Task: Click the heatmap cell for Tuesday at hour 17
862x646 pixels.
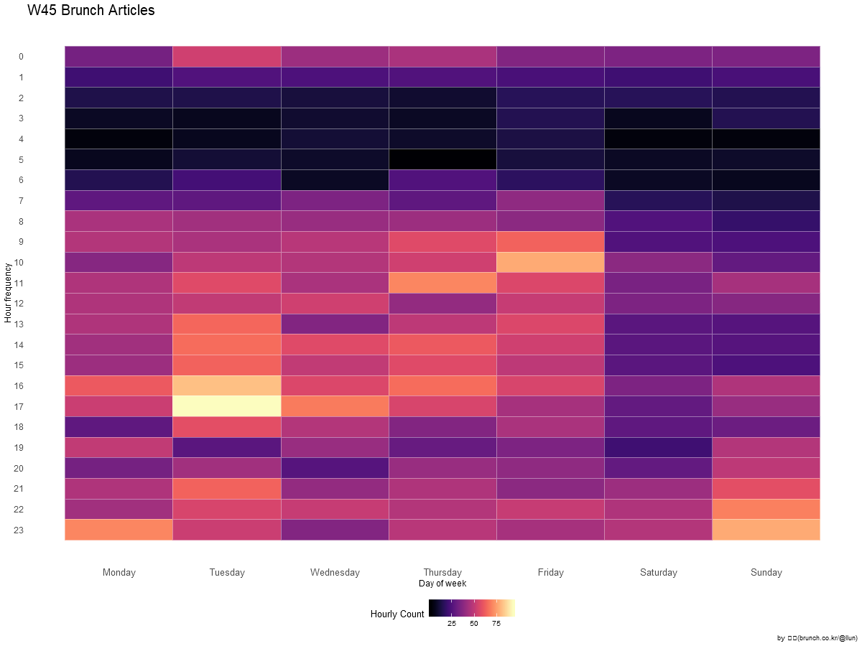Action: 227,406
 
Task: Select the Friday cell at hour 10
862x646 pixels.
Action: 550,262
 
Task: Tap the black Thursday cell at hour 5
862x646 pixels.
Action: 442,159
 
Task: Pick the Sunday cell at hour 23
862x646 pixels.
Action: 766,530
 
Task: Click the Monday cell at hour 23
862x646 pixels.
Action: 119,530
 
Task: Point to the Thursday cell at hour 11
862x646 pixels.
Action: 442,283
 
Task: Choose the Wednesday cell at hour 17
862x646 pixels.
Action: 335,406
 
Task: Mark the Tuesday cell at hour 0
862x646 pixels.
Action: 227,57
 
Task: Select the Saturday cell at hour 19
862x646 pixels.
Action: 658,447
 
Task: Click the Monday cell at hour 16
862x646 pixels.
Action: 119,385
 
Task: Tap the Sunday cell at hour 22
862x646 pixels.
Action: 766,509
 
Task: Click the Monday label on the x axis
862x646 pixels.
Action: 119,572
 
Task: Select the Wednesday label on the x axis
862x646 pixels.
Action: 335,572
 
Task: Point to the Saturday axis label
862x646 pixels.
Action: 658,572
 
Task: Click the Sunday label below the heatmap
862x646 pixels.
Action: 766,572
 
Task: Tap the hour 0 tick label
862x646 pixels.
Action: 21,57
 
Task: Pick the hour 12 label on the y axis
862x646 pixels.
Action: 19,304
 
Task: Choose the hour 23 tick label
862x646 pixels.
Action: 19,530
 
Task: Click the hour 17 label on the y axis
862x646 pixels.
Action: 19,406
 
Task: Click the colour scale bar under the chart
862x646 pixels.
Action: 474,609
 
